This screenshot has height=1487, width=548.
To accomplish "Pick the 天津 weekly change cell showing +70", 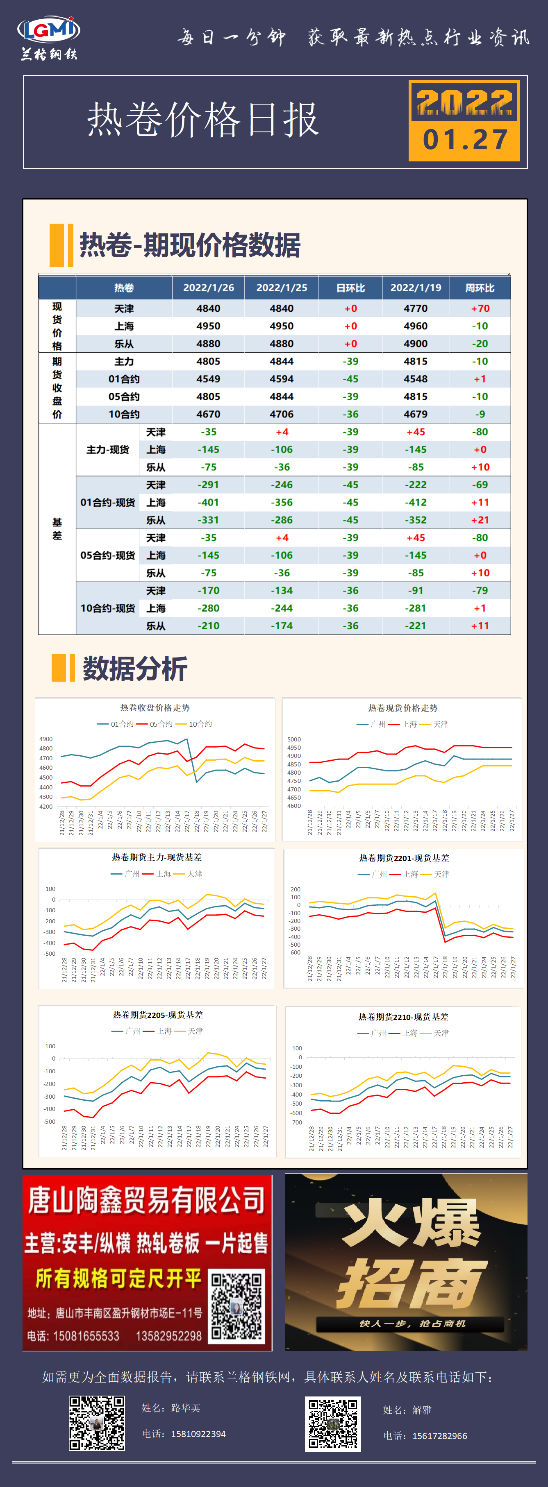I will [x=480, y=308].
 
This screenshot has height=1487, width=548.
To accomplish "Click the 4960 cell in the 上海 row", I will [x=415, y=326].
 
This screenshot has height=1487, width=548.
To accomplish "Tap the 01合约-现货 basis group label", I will [x=107, y=503].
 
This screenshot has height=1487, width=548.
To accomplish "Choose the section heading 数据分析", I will [x=134, y=669].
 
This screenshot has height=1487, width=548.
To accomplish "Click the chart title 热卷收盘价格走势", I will [x=155, y=708].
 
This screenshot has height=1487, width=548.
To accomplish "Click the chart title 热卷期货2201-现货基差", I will [x=404, y=858].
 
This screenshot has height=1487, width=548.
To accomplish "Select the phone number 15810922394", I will [x=198, y=1434].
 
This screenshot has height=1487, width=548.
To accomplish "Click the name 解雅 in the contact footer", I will [x=422, y=1410].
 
